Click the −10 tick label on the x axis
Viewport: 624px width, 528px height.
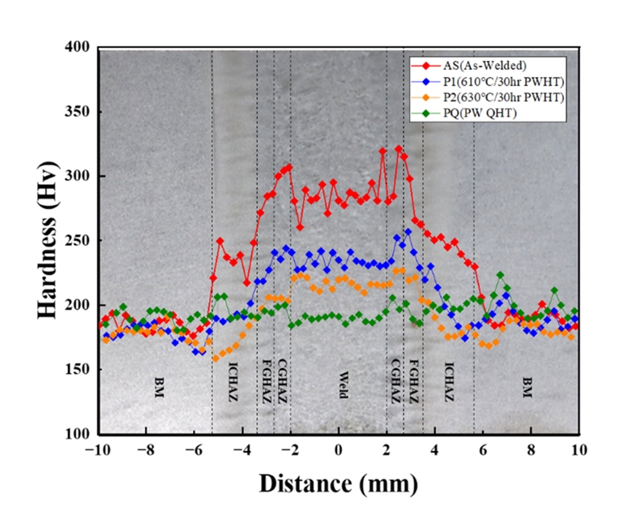click(96, 449)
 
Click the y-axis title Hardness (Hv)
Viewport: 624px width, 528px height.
click(49, 240)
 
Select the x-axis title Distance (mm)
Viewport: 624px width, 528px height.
click(339, 483)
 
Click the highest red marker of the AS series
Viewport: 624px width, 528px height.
click(398, 149)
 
